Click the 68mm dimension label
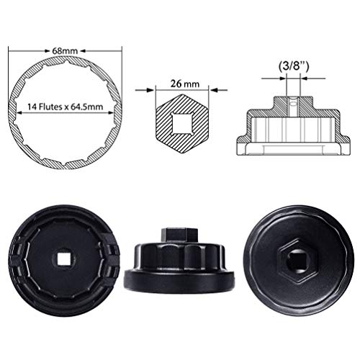[x=70, y=51]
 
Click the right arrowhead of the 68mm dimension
[x=127, y=51]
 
